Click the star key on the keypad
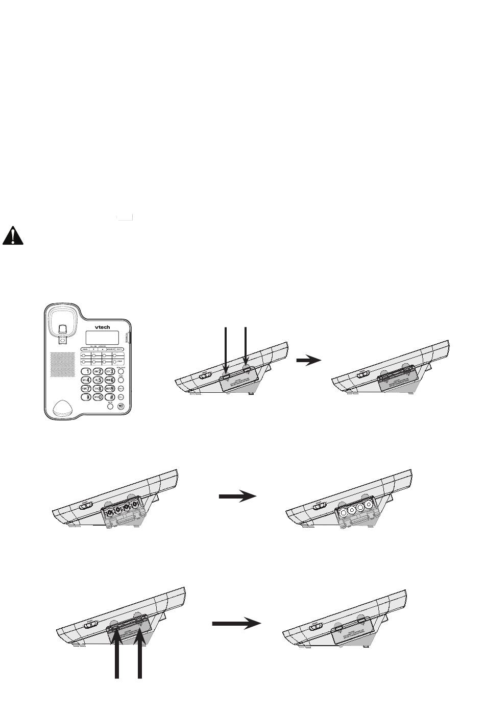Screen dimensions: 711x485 (87, 397)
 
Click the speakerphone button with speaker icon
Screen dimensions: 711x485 (120, 407)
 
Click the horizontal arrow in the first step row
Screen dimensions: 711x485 (309, 360)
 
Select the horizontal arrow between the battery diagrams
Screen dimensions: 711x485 (237, 496)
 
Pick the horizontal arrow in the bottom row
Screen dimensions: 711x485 (236, 623)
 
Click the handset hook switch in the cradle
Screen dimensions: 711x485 (61, 330)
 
